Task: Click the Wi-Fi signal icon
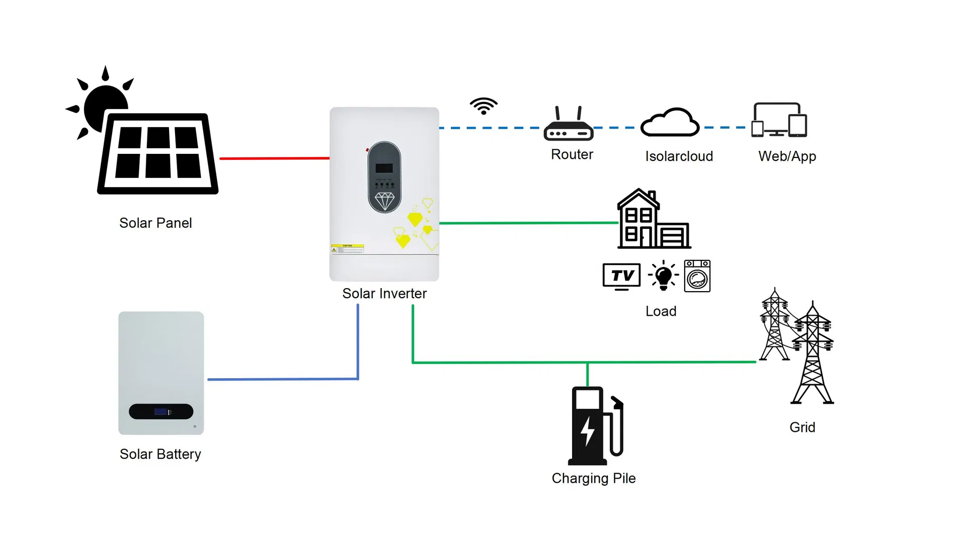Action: click(484, 106)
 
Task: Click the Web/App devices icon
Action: click(779, 120)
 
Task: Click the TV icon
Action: click(622, 276)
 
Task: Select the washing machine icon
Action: click(697, 276)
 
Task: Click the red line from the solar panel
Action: click(274, 158)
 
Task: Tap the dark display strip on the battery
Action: click(161, 411)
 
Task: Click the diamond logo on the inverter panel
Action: click(384, 201)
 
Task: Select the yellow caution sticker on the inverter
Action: click(347, 249)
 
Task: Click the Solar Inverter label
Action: click(384, 294)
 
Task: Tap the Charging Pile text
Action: click(594, 478)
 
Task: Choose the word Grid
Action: click(802, 427)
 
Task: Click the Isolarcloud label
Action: click(679, 156)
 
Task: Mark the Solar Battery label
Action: click(160, 454)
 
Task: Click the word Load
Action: click(661, 311)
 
